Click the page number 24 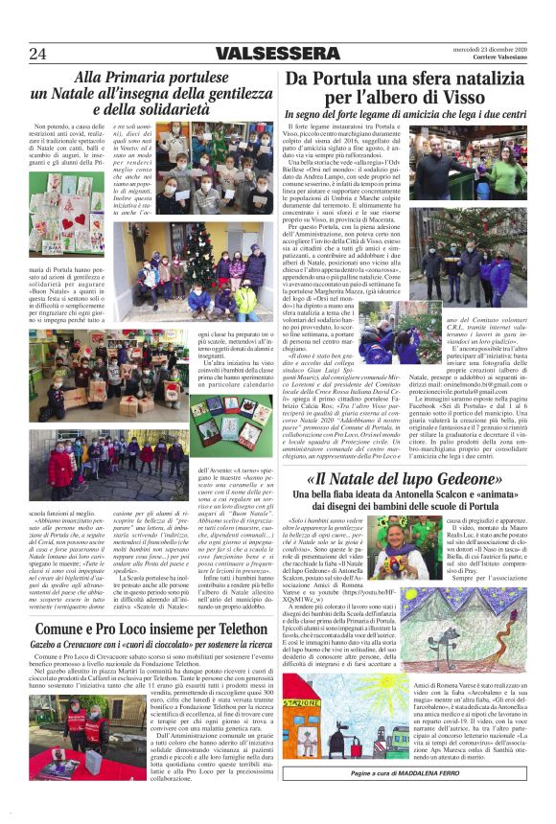pos(38,54)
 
